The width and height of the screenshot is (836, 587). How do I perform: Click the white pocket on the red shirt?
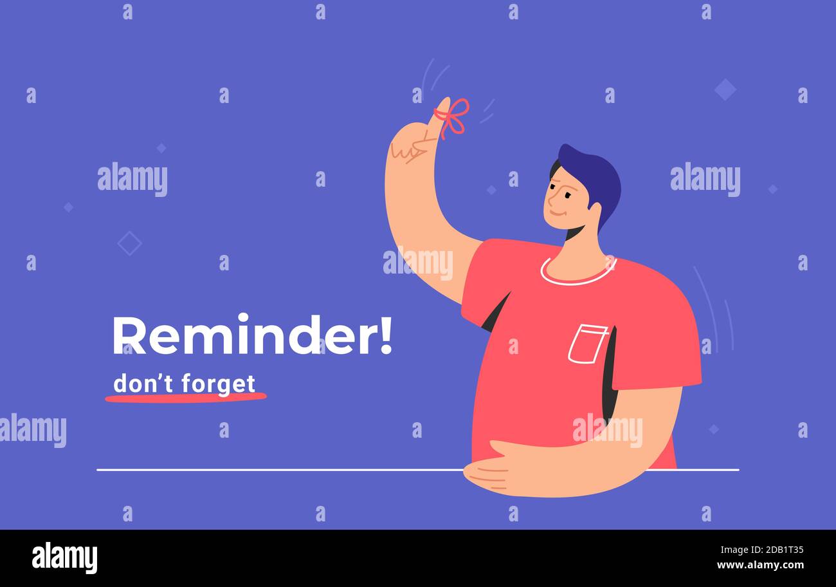[x=587, y=344]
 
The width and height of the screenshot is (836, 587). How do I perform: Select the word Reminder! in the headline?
[x=252, y=335]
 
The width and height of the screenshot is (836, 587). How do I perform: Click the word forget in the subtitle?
[x=219, y=384]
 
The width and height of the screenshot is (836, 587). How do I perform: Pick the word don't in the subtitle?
[x=143, y=383]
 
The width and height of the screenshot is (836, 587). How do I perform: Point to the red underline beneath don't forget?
[x=186, y=397]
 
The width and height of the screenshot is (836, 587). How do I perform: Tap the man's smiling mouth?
[x=556, y=214]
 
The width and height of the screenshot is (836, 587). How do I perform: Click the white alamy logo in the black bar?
[x=64, y=557]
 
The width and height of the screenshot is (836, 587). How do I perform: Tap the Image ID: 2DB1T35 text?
[x=762, y=550]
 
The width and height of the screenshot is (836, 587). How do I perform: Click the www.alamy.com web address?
[x=760, y=564]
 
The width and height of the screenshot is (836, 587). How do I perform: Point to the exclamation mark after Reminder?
[x=386, y=335]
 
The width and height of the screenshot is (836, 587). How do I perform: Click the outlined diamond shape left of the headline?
[x=129, y=243]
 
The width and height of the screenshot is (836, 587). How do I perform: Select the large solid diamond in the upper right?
[x=725, y=89]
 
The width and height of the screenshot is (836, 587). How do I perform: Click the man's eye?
[x=567, y=195]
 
